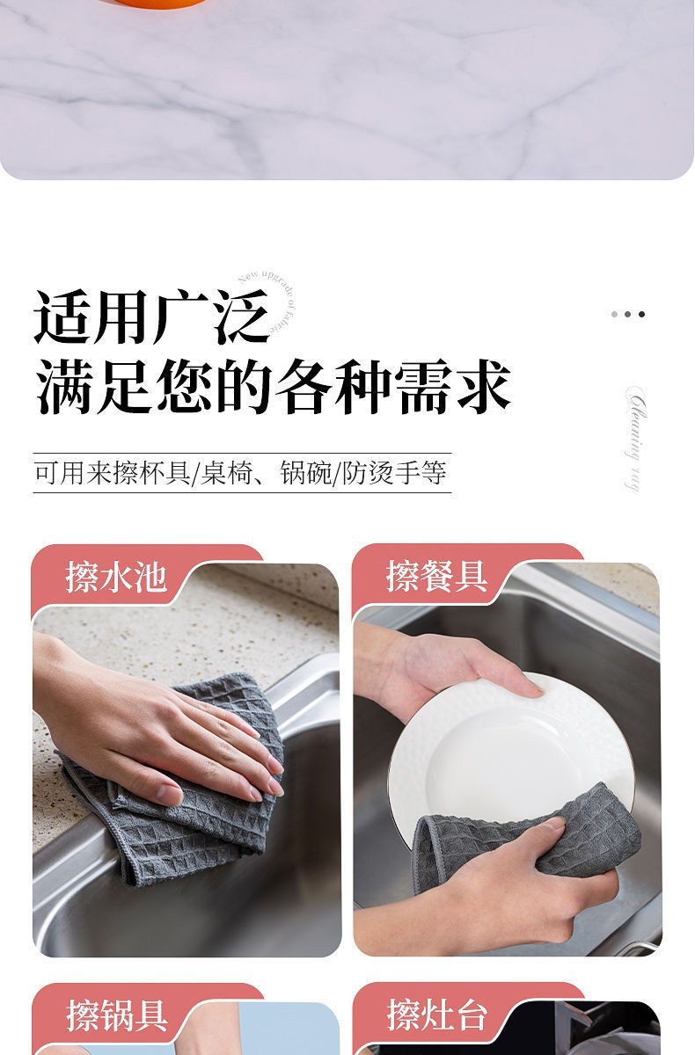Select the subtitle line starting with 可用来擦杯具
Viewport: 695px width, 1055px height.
point(241,472)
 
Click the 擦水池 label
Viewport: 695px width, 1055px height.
point(115,577)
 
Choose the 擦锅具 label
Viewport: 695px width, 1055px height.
point(116,1015)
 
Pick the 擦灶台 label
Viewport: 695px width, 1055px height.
point(436,1015)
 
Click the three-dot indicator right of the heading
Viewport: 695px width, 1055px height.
point(628,314)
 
